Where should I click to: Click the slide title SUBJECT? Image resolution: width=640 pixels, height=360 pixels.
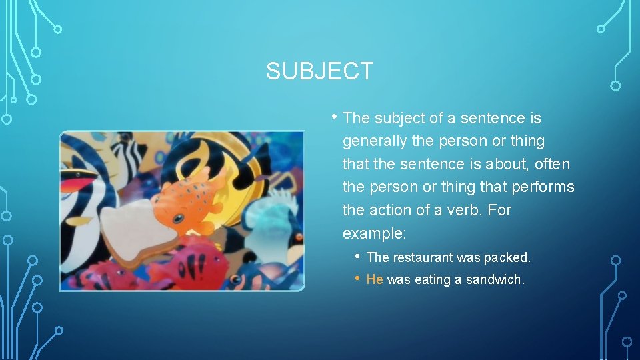pos(319,71)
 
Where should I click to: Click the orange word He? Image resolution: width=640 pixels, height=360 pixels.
pos(375,280)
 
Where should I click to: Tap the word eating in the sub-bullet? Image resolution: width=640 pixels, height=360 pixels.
pos(433,280)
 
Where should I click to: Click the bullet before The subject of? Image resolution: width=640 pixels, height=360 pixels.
pos(335,117)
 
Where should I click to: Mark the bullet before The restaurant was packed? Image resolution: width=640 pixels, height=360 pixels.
pos(359,257)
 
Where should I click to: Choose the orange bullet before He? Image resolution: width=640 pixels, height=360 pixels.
pos(359,279)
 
